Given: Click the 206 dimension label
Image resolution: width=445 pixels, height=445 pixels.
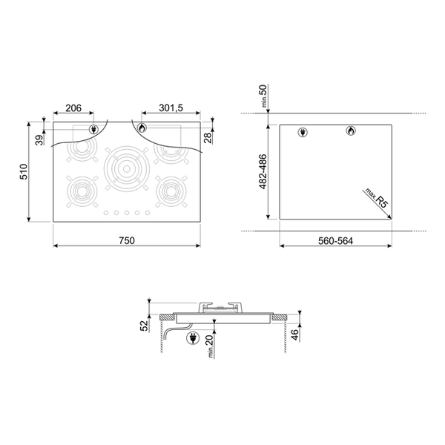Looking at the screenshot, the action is (73, 108).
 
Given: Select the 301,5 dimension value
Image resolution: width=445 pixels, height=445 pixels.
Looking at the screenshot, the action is (171, 108).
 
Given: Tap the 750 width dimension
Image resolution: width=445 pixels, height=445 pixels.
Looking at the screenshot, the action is (127, 240).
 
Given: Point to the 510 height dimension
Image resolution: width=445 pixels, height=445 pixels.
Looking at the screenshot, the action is (24, 171).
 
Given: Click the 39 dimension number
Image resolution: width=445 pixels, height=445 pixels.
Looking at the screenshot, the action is (39, 140).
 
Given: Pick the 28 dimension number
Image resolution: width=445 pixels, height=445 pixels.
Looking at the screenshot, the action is (208, 138).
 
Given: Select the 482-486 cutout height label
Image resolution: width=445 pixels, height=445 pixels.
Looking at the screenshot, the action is (263, 171).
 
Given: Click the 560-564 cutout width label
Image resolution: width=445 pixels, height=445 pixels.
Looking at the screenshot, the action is (335, 240).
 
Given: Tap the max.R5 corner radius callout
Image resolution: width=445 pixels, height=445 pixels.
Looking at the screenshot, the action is (376, 198).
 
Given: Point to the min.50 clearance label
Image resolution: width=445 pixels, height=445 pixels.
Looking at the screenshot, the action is (263, 96).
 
